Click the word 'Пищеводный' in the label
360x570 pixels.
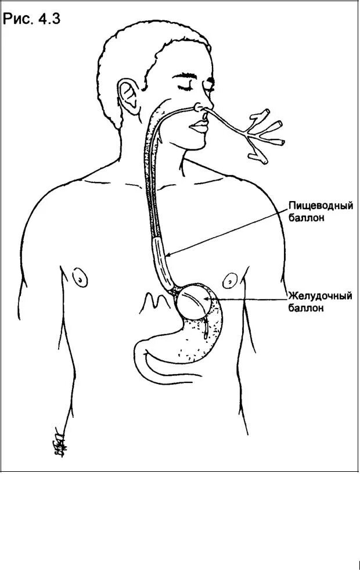tap(321, 206)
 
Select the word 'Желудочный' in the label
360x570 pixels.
tap(321, 296)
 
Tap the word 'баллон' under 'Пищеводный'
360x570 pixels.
tap(307, 218)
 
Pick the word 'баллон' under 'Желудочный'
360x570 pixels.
tap(307, 309)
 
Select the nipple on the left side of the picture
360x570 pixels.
tap(80, 276)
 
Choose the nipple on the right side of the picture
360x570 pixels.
tap(231, 281)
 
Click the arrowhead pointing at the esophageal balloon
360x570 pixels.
tap(168, 254)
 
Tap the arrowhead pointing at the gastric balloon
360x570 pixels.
tap(208, 299)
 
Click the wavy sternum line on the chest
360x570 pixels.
tap(152, 301)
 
